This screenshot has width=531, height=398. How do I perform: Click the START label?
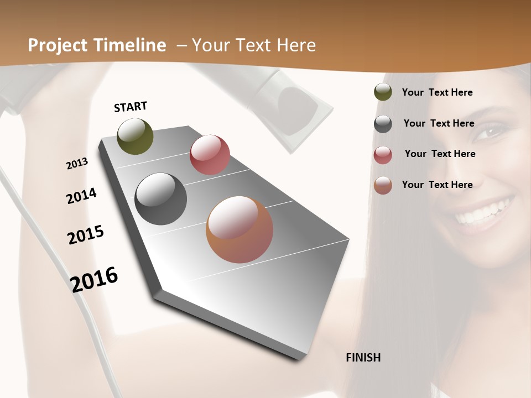pos(131,107)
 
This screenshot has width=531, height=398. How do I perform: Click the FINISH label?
pos(363,358)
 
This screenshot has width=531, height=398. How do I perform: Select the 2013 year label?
pos(77,164)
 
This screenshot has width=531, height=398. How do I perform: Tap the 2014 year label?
pos(81,196)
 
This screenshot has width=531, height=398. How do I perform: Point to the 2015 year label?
pos(85,235)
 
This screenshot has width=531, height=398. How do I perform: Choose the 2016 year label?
pos(94,280)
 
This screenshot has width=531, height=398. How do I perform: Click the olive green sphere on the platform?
pos(135,137)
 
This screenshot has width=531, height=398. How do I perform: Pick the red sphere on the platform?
pos(210,155)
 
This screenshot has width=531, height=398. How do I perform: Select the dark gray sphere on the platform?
pos(160,199)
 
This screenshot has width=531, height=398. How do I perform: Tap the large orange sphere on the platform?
pos(240,229)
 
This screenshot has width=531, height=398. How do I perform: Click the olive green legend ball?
pos(383,92)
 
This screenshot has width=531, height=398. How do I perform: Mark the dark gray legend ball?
pos(383,124)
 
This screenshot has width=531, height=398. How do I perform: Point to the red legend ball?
pos(383,155)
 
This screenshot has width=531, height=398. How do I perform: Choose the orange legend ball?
pos(383,185)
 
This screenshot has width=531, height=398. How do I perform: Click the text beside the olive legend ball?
pos(437,92)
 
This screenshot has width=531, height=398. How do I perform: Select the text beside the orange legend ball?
pos(437,185)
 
